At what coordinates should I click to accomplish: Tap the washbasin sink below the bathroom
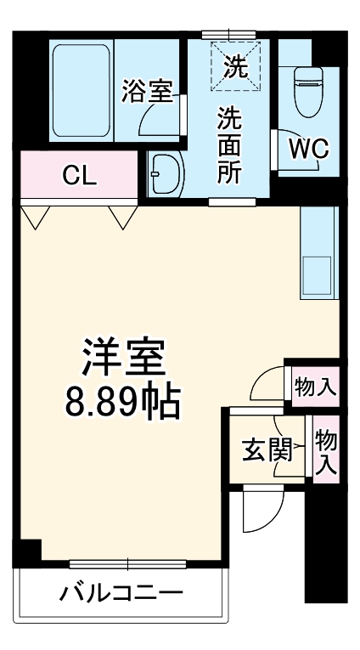pos(166,174)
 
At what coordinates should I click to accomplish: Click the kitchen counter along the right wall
pos(319,252)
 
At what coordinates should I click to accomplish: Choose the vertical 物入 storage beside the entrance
pos(326,451)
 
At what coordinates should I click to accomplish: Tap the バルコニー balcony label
pos(120,593)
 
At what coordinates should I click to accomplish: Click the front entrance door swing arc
pos(261,510)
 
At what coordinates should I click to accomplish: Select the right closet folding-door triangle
pos(121,218)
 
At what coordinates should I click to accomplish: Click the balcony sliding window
pos(127,562)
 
